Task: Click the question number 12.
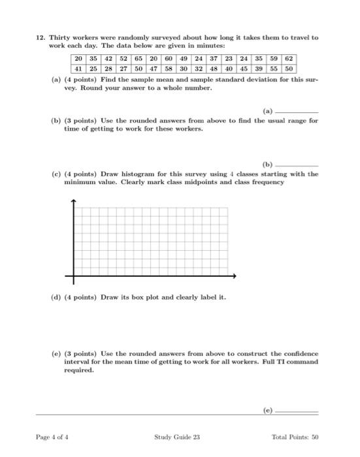click(x=39, y=38)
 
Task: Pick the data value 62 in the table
click(x=288, y=59)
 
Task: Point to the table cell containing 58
click(x=168, y=69)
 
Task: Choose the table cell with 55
click(x=273, y=69)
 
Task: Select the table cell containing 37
click(x=213, y=59)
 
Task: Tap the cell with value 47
click(x=153, y=69)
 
